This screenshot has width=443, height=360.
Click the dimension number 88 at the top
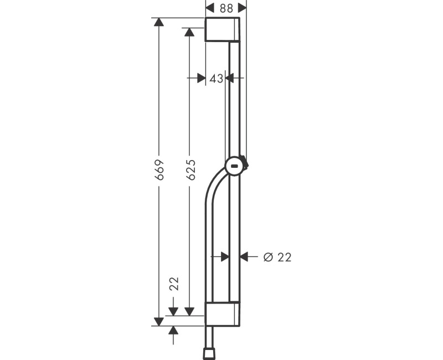[x=226, y=8]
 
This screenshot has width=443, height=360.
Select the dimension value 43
[x=217, y=79]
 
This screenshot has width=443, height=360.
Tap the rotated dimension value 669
[x=159, y=170]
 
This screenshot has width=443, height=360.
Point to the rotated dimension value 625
[x=190, y=170]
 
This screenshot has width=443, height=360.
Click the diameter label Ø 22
[x=277, y=256]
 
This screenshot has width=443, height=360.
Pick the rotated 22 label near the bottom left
[x=174, y=284]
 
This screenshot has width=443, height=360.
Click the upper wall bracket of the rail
[x=222, y=29]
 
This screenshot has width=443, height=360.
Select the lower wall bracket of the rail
[x=222, y=315]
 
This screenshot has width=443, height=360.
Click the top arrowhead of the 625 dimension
[x=189, y=33]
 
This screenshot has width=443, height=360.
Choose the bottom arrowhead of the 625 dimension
[x=189, y=311]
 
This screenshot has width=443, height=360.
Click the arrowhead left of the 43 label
[x=201, y=79]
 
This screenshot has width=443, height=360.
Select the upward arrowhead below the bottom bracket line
[x=173, y=331]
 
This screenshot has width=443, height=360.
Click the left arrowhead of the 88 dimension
[x=210, y=8]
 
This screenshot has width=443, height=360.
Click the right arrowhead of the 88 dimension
[x=242, y=8]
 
